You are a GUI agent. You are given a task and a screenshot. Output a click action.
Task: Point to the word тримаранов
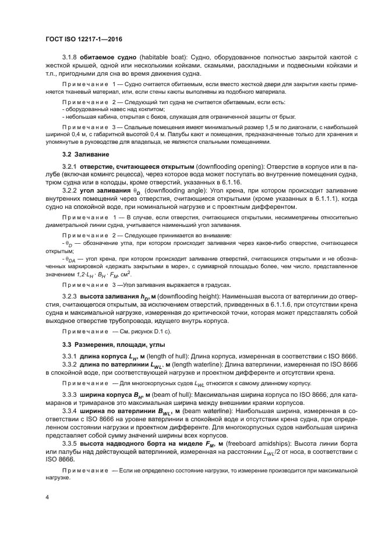[x=92, y=403]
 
